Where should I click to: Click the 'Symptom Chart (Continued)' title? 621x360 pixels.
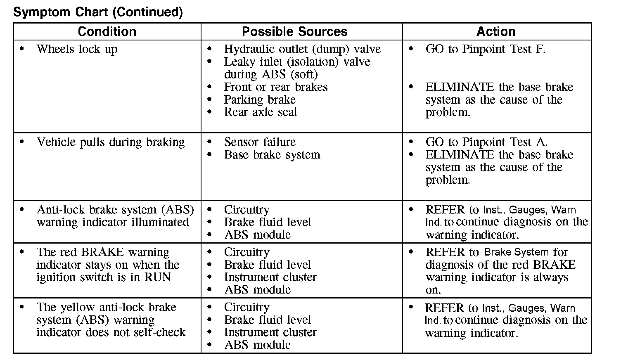click(x=98, y=12)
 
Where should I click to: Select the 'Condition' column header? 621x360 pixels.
click(x=107, y=31)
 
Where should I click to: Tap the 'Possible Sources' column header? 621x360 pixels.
click(x=294, y=31)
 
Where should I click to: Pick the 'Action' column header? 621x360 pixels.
click(x=495, y=31)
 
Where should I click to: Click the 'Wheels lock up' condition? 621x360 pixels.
click(x=77, y=49)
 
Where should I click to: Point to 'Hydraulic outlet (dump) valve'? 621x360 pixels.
click(x=302, y=49)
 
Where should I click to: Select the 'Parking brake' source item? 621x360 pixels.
click(x=260, y=99)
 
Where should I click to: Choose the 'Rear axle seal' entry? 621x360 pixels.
click(x=261, y=112)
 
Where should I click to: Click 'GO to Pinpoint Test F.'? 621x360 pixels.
click(x=485, y=49)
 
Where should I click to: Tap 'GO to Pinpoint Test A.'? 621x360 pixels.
click(x=486, y=142)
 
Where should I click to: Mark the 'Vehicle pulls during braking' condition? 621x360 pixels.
click(x=111, y=142)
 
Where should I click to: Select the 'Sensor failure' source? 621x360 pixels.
click(x=260, y=142)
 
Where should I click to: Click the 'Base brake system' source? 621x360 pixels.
click(x=272, y=155)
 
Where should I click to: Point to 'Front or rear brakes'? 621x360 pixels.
click(x=276, y=87)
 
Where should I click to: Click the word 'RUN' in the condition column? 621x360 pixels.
click(x=157, y=277)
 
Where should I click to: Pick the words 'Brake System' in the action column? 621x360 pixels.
click(x=516, y=252)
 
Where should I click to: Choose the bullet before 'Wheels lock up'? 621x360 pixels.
click(x=22, y=49)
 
